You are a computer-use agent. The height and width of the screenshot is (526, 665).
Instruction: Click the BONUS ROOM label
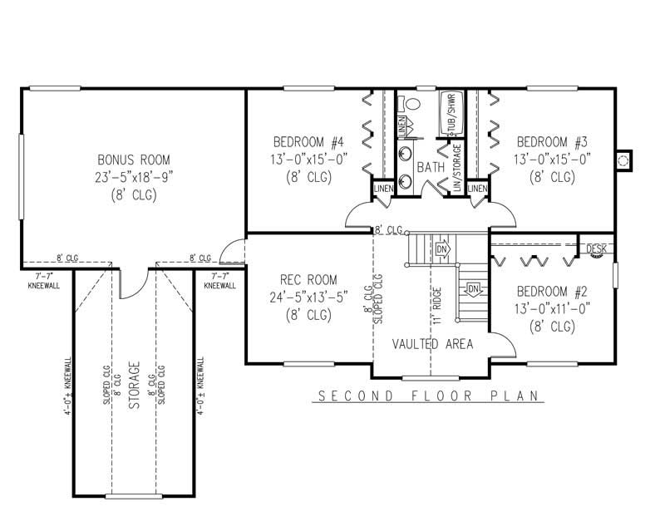[x=133, y=160]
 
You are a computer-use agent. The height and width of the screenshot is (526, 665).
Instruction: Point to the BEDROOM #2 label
[x=552, y=292]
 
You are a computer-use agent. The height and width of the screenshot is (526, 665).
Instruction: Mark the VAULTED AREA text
[x=432, y=343]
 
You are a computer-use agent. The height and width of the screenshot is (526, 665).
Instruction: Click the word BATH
[x=431, y=167]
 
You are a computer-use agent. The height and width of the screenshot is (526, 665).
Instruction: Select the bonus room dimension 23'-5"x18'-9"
[x=134, y=177]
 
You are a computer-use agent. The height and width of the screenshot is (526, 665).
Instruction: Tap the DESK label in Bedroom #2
[x=596, y=248]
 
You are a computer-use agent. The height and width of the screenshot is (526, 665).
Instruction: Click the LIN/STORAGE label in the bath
[x=456, y=171]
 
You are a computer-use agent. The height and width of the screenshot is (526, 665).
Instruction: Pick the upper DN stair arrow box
[x=442, y=248]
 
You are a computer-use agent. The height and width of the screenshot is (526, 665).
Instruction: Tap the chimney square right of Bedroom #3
[x=624, y=159]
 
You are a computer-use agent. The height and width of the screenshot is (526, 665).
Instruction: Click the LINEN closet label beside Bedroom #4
[x=382, y=190]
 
